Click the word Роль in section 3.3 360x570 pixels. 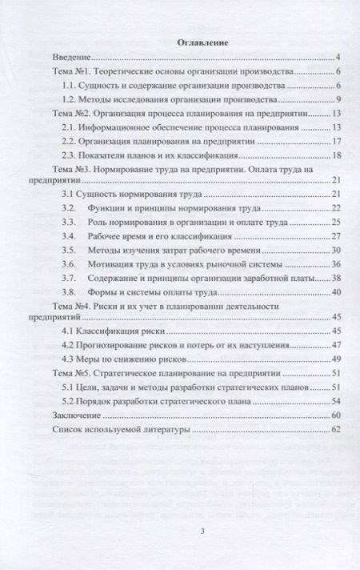click(x=106, y=223)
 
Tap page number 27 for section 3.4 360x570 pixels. click(x=337, y=237)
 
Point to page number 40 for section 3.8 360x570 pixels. click(x=337, y=292)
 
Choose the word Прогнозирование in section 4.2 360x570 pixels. click(x=121, y=345)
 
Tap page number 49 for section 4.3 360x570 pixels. click(x=337, y=359)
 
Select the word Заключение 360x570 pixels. click(x=76, y=415)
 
